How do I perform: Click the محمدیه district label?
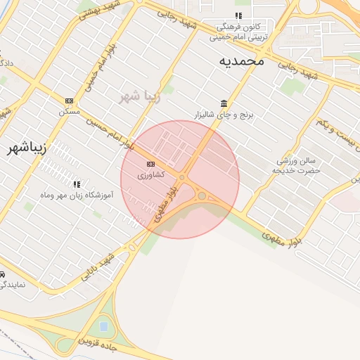tap(241, 60)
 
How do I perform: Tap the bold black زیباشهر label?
tap(26, 148)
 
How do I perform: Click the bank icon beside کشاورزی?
tap(151, 164)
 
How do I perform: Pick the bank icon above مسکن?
tap(69, 101)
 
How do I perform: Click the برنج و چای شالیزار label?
tap(224, 113)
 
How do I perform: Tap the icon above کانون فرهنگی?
tap(238, 15)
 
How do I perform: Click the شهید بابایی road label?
tap(97, 266)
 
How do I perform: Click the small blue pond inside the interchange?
tap(104, 326)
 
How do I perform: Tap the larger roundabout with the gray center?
tap(202, 195)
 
